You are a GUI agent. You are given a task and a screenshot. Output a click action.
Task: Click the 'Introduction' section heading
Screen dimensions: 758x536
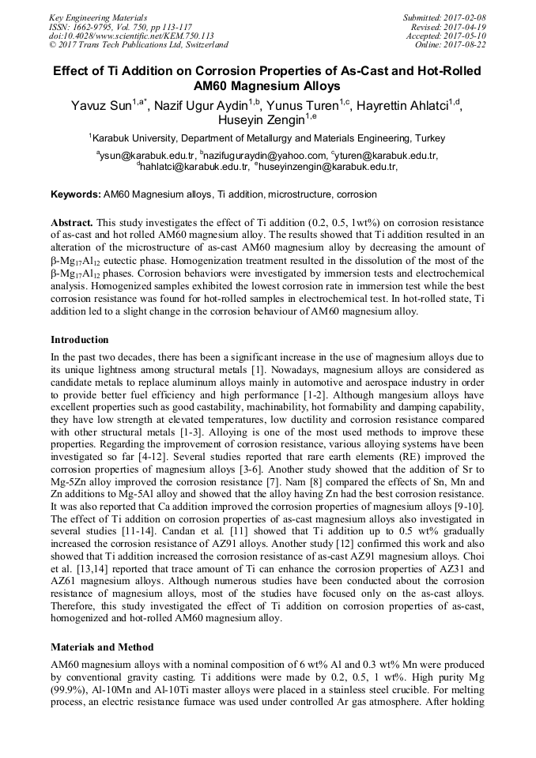click(79, 340)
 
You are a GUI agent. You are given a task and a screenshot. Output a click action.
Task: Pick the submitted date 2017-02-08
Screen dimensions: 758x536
click(466, 17)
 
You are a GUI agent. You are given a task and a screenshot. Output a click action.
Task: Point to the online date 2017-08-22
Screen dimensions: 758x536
click(466, 45)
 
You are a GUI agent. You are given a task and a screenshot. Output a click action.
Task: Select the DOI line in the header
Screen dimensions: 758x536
click(131, 36)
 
